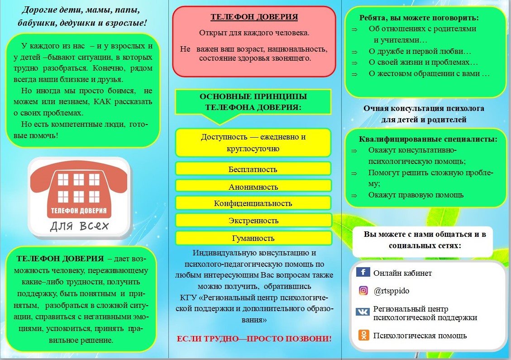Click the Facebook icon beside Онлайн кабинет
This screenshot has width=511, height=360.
[x=363, y=272]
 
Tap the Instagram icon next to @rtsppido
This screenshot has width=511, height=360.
[x=363, y=291]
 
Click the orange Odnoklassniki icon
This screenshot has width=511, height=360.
[x=363, y=335]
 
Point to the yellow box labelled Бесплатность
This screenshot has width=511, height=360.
[x=253, y=169]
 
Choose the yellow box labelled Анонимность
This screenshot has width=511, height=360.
[x=253, y=186]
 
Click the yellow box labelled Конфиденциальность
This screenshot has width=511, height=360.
[x=253, y=203]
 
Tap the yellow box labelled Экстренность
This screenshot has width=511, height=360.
[x=253, y=221]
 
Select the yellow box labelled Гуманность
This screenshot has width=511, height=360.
[x=253, y=238]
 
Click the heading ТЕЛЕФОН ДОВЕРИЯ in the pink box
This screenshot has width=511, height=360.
[x=254, y=17]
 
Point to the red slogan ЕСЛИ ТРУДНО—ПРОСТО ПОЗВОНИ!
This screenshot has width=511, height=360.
[x=254, y=338]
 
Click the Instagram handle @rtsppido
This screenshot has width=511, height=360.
[x=392, y=291]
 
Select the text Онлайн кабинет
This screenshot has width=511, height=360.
[x=402, y=273]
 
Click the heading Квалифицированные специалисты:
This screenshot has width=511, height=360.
[x=428, y=139]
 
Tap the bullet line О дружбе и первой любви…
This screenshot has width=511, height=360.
[x=420, y=51]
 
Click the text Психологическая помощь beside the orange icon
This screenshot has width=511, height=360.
[x=420, y=336]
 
